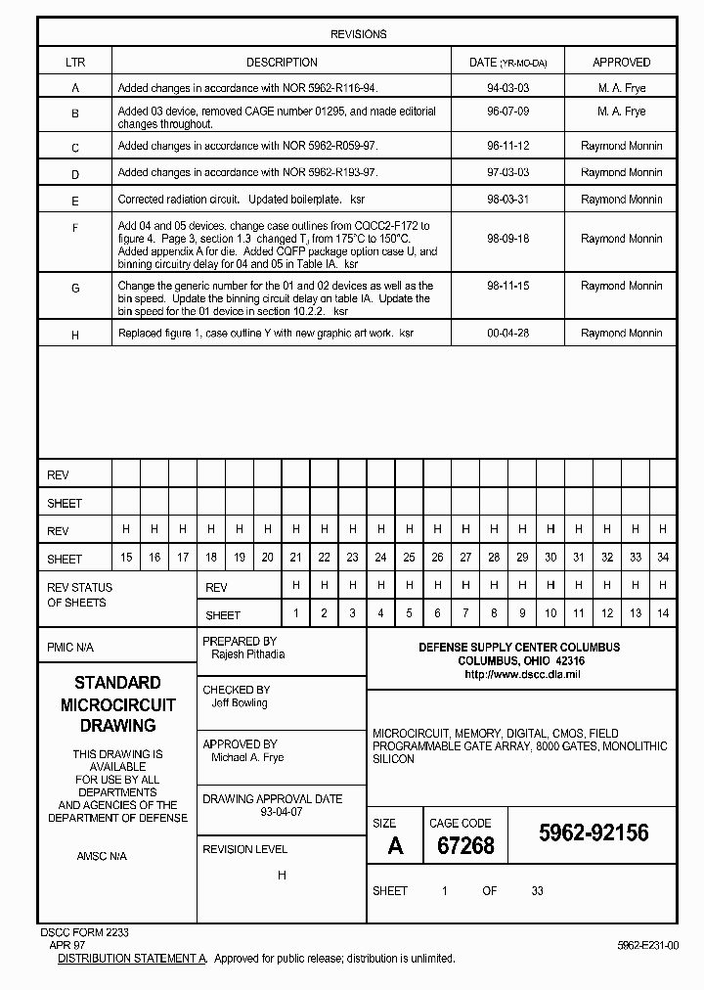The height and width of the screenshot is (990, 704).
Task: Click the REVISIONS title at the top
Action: click(x=358, y=34)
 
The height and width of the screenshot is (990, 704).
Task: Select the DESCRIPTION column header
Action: click(x=282, y=63)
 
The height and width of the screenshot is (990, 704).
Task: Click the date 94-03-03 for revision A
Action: click(x=507, y=88)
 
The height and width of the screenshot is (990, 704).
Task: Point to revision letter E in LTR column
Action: click(x=75, y=200)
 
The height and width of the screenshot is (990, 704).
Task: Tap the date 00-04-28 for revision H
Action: click(x=507, y=334)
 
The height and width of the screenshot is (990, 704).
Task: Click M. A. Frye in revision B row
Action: click(x=621, y=112)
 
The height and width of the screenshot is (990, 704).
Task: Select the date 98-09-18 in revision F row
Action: click(x=507, y=239)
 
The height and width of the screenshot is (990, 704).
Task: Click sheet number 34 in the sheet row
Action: click(x=662, y=558)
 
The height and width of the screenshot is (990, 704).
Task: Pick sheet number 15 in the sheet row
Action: click(x=126, y=558)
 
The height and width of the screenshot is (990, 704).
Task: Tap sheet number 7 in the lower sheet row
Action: click(x=465, y=613)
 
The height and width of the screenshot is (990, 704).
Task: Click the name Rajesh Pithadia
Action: click(x=247, y=654)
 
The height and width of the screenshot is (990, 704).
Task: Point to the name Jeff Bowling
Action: click(x=240, y=702)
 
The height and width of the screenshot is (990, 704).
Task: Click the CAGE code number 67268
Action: click(x=465, y=846)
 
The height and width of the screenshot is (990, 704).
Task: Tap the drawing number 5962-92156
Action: click(x=594, y=832)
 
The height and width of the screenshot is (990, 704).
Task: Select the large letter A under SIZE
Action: click(x=395, y=846)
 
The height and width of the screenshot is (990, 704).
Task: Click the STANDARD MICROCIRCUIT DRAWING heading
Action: click(x=117, y=704)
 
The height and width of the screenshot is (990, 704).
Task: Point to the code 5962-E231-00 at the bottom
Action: click(x=647, y=946)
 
